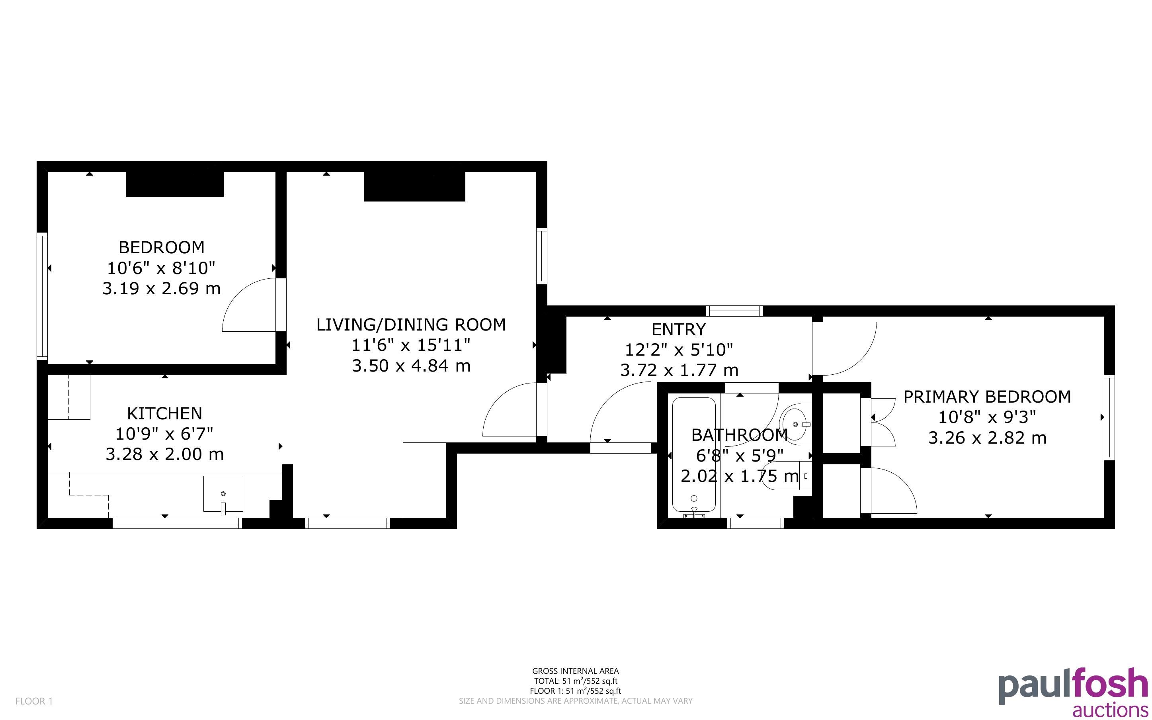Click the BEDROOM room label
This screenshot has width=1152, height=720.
tap(161, 248)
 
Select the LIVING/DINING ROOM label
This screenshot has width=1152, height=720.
tap(411, 325)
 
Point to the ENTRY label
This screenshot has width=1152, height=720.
tap(679, 329)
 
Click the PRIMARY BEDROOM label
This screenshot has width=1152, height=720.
tap(987, 397)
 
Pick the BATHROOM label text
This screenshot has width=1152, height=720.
tap(740, 435)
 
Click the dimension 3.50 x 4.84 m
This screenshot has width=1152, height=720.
tap(411, 366)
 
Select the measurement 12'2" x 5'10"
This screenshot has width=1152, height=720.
tap(679, 350)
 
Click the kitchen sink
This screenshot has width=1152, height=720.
tap(223, 494)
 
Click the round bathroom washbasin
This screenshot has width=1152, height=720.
tap(795, 424)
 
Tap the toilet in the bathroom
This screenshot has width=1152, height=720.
tap(787, 476)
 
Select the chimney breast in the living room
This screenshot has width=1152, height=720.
tap(414, 186)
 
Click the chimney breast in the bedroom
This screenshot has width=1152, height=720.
tap(175, 184)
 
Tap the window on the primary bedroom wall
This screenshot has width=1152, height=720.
tap(1109, 417)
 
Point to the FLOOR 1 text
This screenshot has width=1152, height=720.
tap(34, 701)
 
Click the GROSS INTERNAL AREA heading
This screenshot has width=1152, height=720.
tap(575, 671)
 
